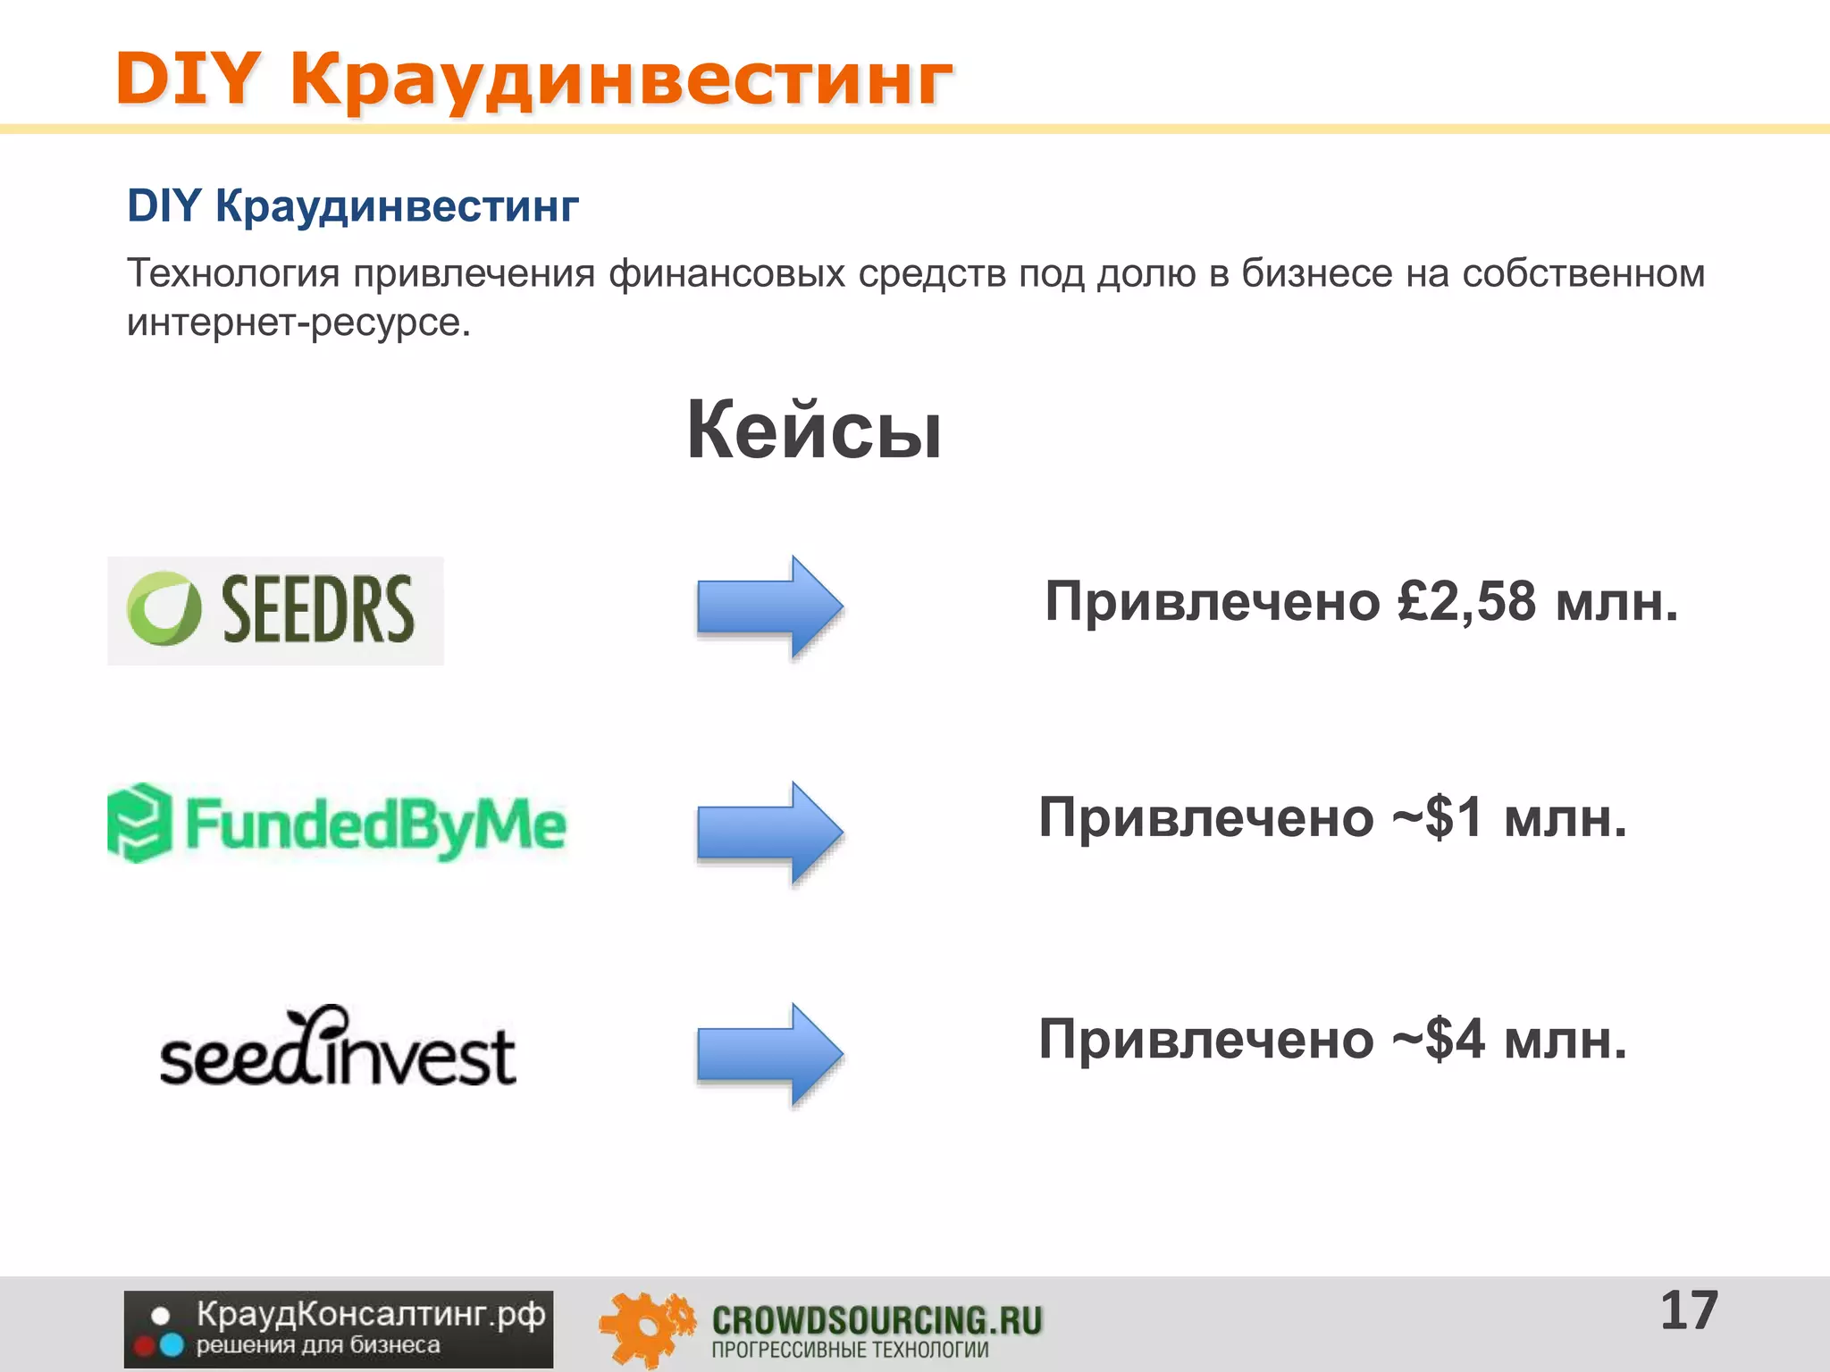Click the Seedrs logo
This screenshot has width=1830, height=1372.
click(275, 610)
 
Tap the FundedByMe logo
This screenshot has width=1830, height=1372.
click(337, 823)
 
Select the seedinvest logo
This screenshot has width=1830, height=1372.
click(338, 1047)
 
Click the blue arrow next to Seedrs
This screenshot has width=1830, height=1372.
click(769, 607)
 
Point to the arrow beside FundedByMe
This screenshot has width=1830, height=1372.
click(769, 832)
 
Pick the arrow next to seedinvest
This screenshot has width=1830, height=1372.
click(769, 1054)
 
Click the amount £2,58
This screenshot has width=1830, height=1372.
click(1466, 601)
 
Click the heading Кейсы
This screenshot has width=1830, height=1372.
click(814, 431)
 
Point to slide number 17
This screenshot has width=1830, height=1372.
click(1689, 1311)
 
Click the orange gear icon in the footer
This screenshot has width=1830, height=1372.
click(645, 1329)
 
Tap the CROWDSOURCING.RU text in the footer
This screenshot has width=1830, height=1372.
click(877, 1320)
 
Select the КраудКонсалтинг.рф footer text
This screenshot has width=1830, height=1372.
click(371, 1314)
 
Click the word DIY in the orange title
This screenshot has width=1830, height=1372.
click(188, 79)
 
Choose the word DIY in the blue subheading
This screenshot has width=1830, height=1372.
click(164, 206)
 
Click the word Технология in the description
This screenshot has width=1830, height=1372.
click(232, 273)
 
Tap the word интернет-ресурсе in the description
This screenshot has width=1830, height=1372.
click(298, 322)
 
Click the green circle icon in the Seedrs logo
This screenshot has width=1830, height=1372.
click(164, 608)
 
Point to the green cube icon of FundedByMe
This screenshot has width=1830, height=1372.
click(139, 823)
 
